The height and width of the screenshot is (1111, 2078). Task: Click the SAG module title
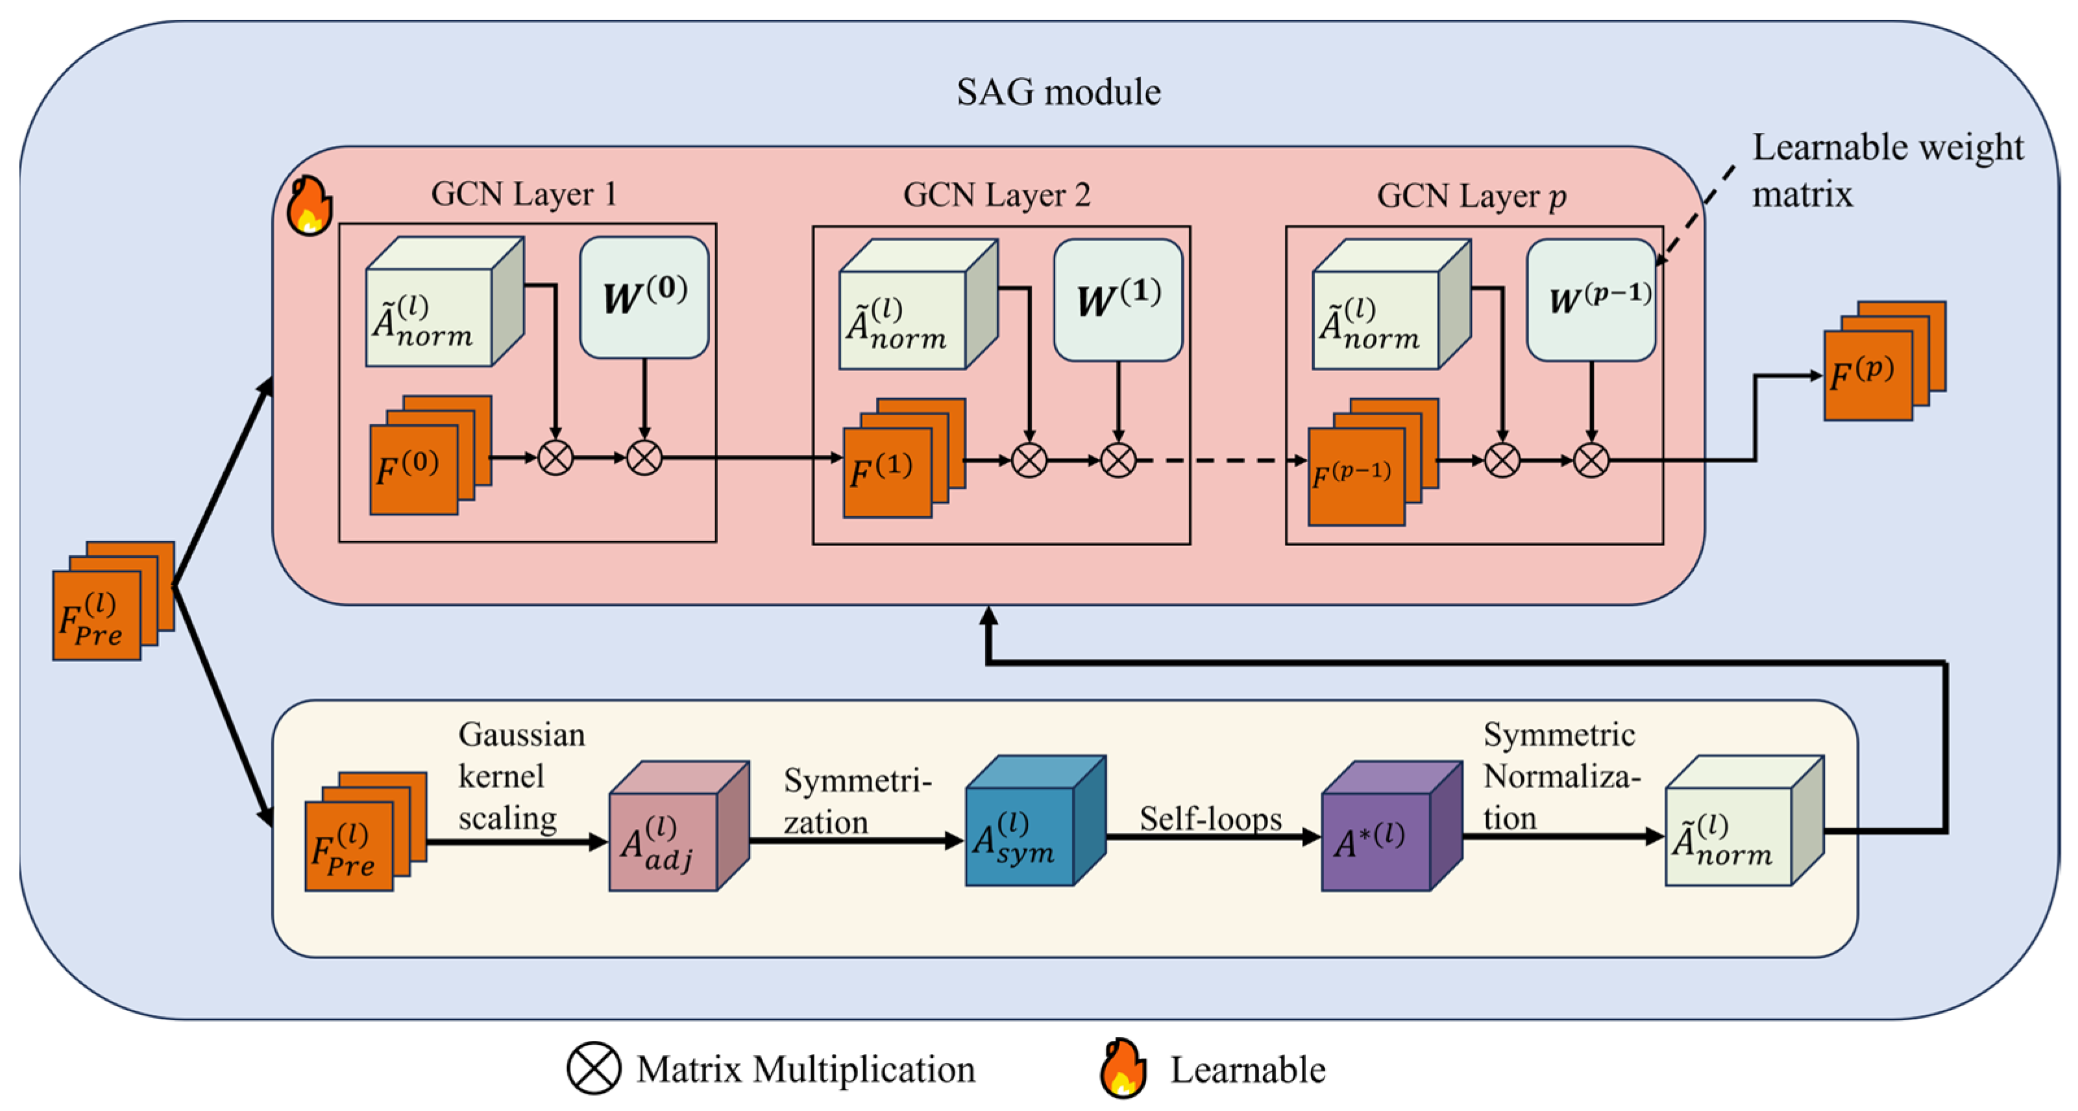pyautogui.click(x=1058, y=92)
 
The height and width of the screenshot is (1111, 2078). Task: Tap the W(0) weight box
pyautogui.click(x=644, y=296)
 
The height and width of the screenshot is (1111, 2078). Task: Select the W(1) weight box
pyautogui.click(x=1118, y=299)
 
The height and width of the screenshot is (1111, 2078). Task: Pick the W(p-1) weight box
pyautogui.click(x=1591, y=299)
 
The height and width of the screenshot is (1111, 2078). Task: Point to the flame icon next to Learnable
pyautogui.click(x=1123, y=1069)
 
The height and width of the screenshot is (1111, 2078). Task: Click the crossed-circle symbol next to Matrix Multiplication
pyautogui.click(x=594, y=1069)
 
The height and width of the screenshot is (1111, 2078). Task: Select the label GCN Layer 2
pyautogui.click(x=996, y=195)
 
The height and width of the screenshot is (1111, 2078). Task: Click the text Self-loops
pyautogui.click(x=1210, y=819)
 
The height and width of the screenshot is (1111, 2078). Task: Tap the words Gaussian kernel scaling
pyautogui.click(x=520, y=776)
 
